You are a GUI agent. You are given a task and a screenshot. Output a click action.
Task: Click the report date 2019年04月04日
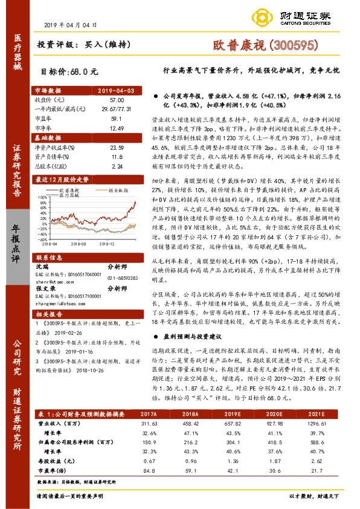[x=71, y=25]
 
